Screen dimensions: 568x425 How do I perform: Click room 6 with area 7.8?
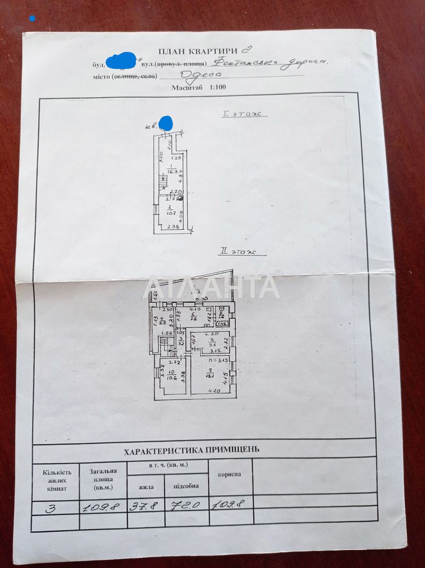[194, 317]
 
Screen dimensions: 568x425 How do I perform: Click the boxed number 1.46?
[222, 324]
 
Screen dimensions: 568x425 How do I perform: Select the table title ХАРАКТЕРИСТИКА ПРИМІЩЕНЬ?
[191, 450]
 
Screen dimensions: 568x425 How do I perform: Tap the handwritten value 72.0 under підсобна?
[182, 505]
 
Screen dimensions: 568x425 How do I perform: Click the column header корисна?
[229, 473]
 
